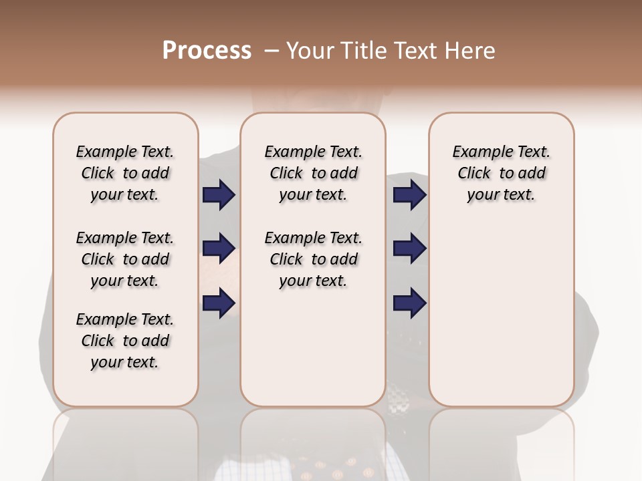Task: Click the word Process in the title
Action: [x=207, y=51]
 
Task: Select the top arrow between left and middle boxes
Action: [x=219, y=195]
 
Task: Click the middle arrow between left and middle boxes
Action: [x=219, y=249]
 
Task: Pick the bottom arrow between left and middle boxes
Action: [x=219, y=303]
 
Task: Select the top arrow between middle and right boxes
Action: [x=409, y=195]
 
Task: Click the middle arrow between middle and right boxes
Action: [x=409, y=249]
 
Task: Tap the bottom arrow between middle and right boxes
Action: [x=409, y=303]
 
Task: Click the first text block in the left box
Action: [x=125, y=173]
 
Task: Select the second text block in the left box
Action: [x=125, y=259]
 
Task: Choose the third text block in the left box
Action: [x=125, y=341]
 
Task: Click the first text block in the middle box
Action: [x=313, y=173]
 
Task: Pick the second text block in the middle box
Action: [x=313, y=259]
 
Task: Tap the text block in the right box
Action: [x=501, y=173]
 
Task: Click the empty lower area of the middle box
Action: [x=313, y=347]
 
